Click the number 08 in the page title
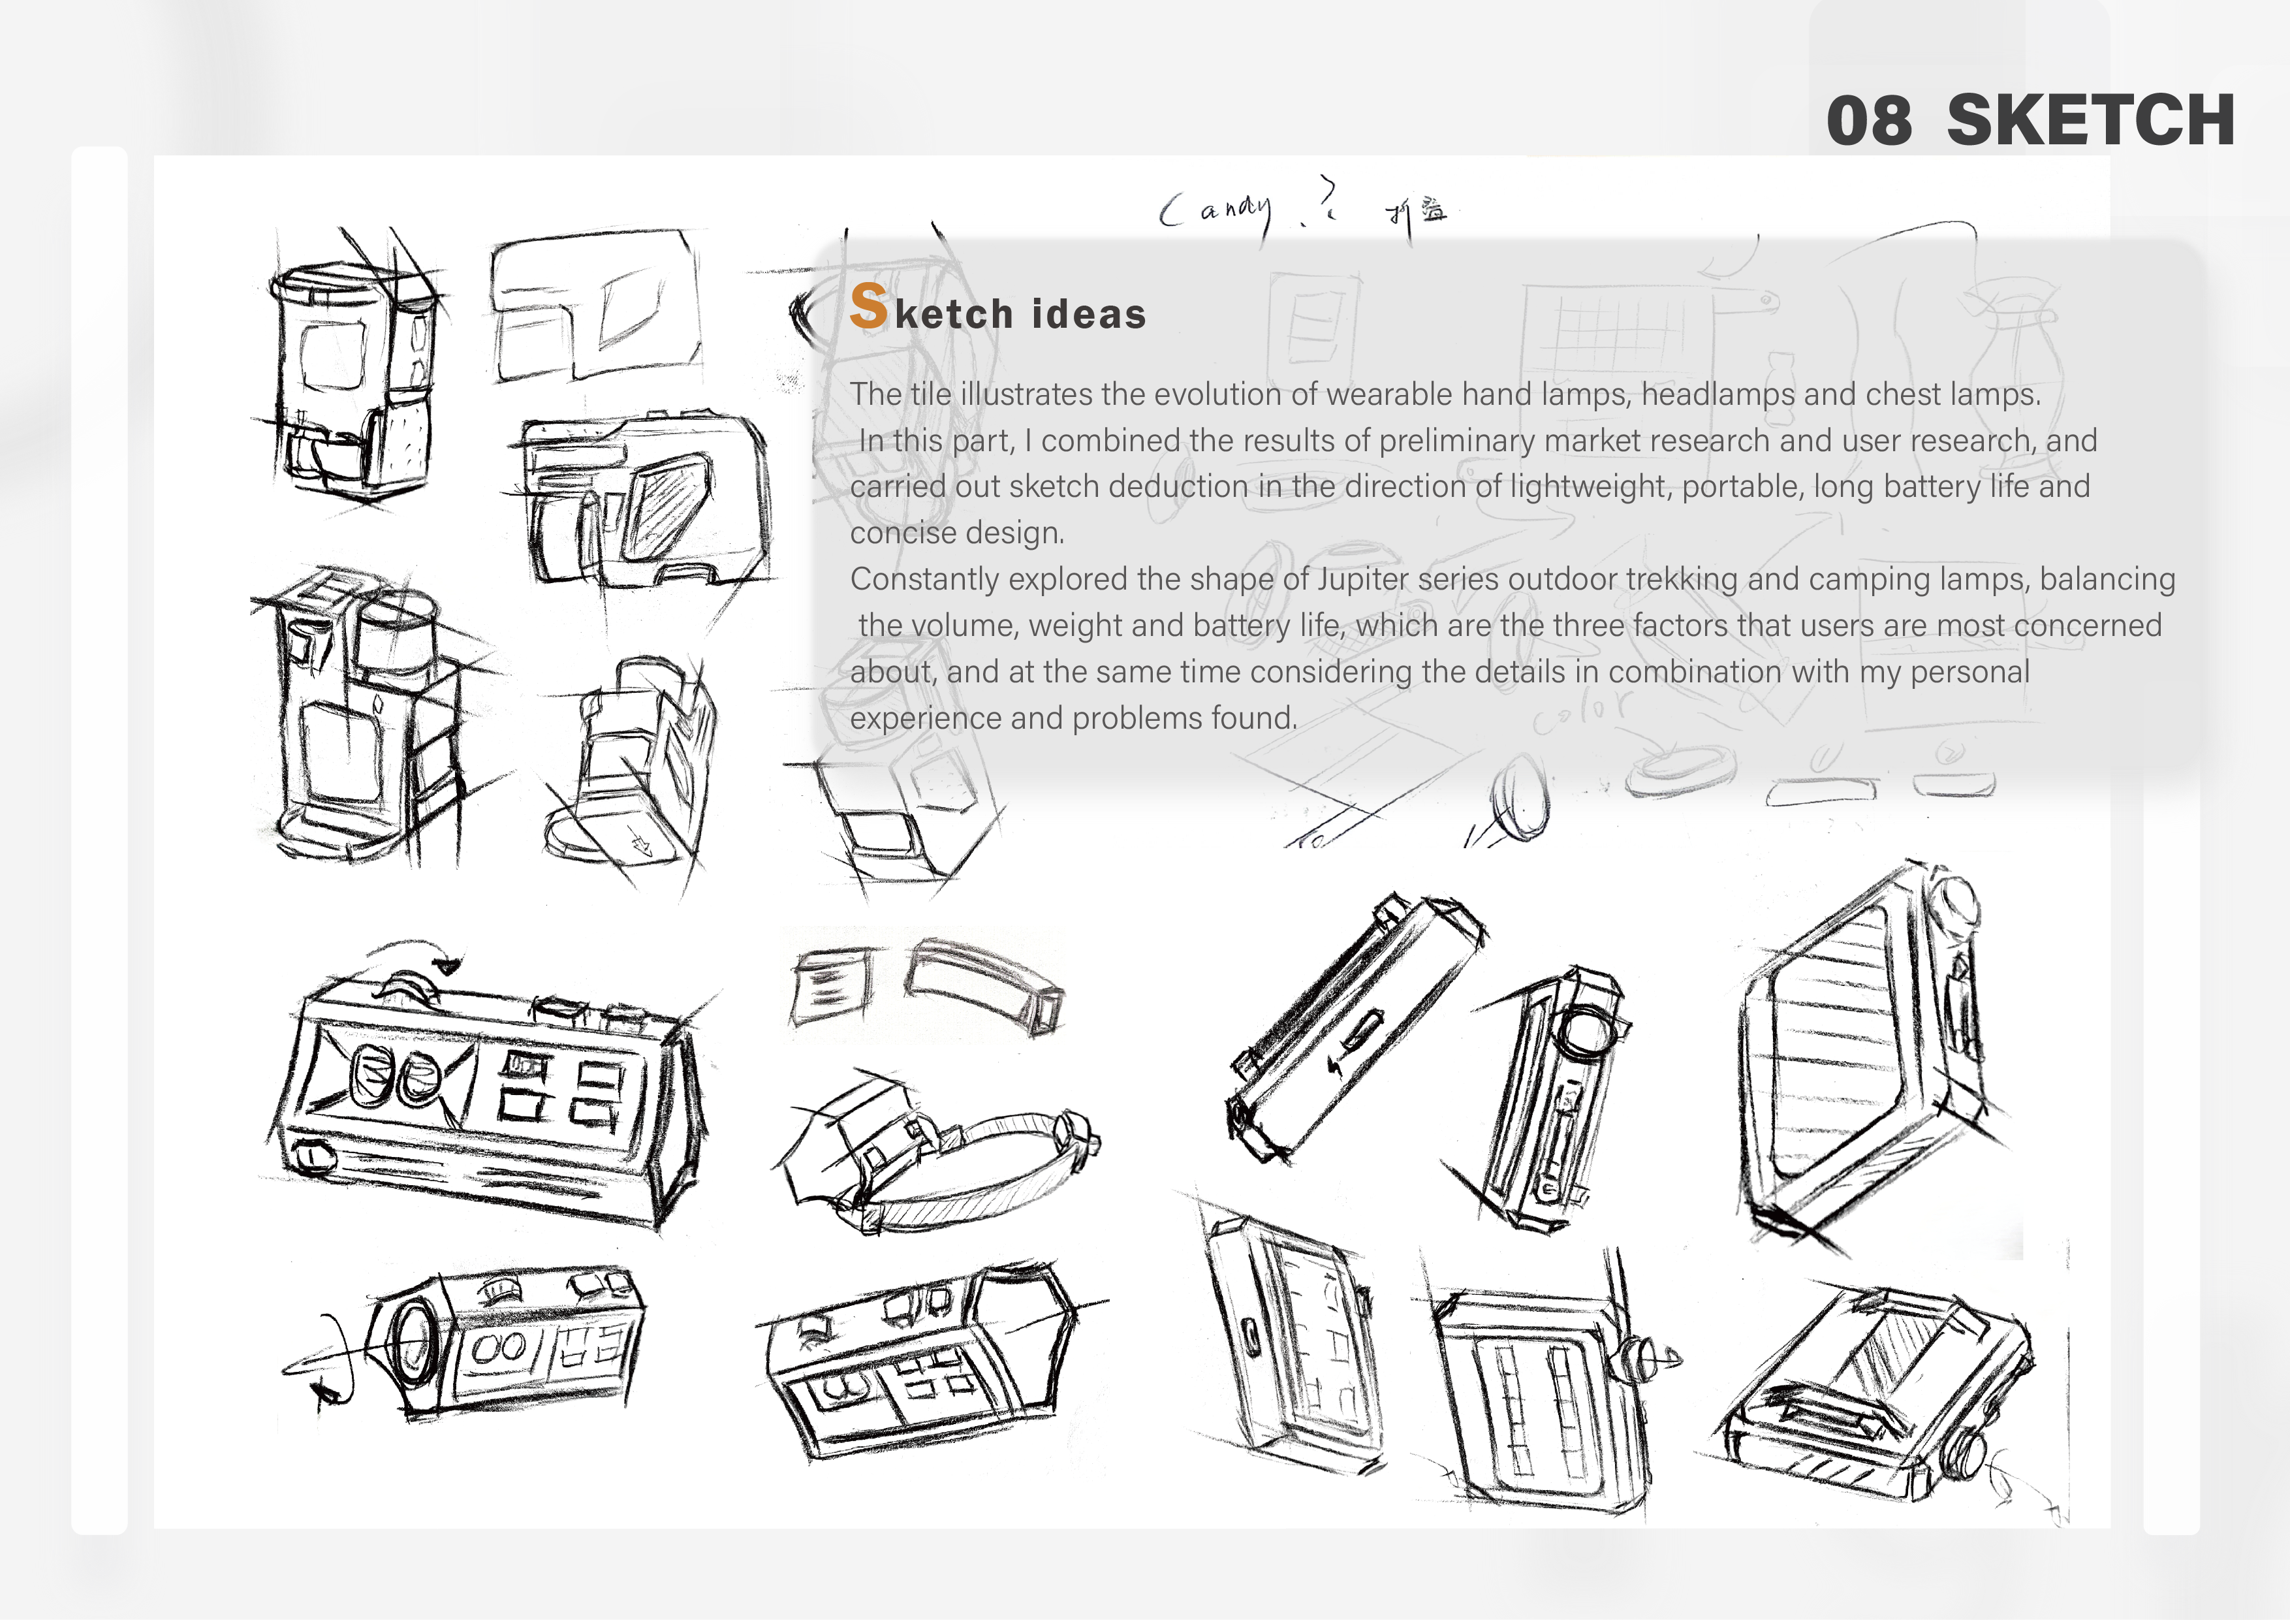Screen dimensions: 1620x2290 (1868, 121)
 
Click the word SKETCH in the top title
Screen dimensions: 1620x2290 (2090, 121)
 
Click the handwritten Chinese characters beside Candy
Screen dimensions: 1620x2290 (1417, 212)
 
